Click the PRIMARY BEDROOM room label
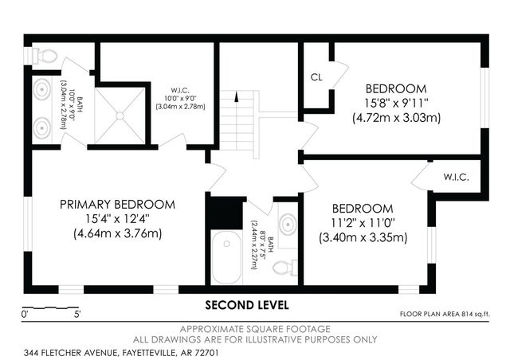point(117,205)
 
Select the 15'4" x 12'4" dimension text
point(117,219)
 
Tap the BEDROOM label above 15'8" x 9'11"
point(395,88)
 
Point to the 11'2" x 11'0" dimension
point(363,223)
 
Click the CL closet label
point(316,77)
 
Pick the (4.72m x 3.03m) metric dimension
point(396,117)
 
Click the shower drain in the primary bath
point(121,115)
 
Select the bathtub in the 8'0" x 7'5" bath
point(226,256)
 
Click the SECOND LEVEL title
point(247,305)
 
